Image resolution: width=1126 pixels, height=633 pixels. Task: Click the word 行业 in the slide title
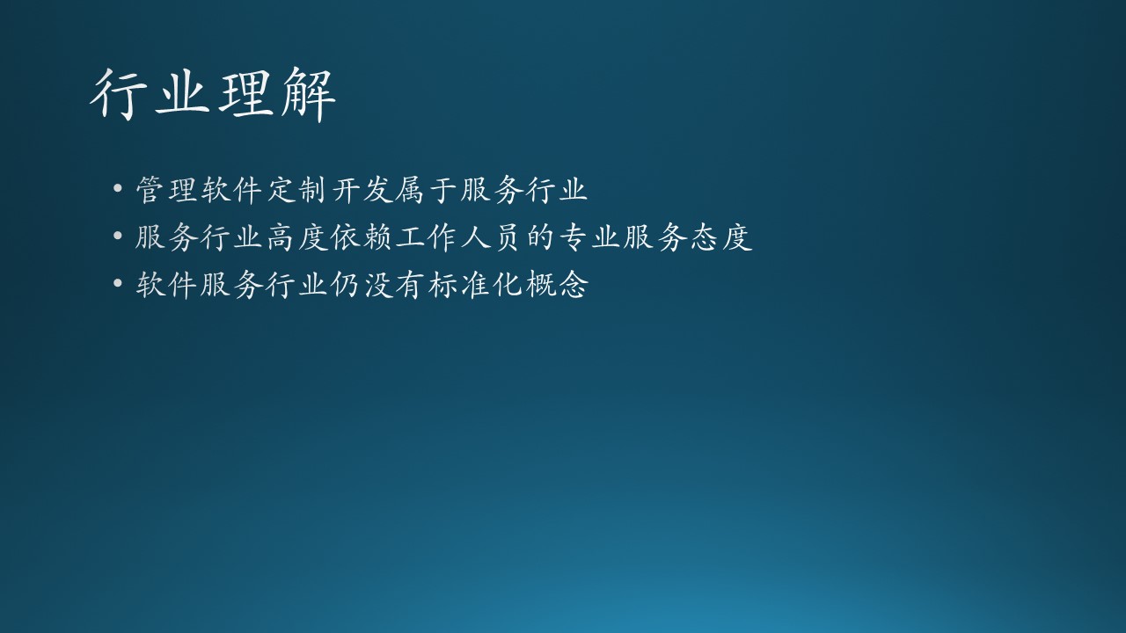[x=150, y=94]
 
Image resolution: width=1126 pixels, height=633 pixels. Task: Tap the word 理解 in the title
[x=277, y=94]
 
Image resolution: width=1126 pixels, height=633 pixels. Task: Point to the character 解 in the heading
[x=308, y=94]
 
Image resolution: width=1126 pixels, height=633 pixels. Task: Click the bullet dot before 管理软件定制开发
[x=118, y=189]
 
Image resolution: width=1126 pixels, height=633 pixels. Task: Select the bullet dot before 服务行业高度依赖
[x=118, y=236]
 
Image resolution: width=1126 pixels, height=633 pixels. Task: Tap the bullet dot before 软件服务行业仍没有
[x=118, y=283]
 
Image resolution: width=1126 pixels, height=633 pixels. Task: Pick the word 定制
[x=296, y=190]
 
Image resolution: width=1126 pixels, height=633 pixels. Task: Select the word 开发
[x=362, y=190]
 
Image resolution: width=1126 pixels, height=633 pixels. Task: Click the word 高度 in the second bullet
[x=296, y=237]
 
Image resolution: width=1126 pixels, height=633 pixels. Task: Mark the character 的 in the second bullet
[x=540, y=237]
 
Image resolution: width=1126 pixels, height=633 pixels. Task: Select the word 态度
[x=721, y=237]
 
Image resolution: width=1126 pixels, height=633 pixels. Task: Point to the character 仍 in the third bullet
[x=344, y=285]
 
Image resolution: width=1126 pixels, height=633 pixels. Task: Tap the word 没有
[x=393, y=285]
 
